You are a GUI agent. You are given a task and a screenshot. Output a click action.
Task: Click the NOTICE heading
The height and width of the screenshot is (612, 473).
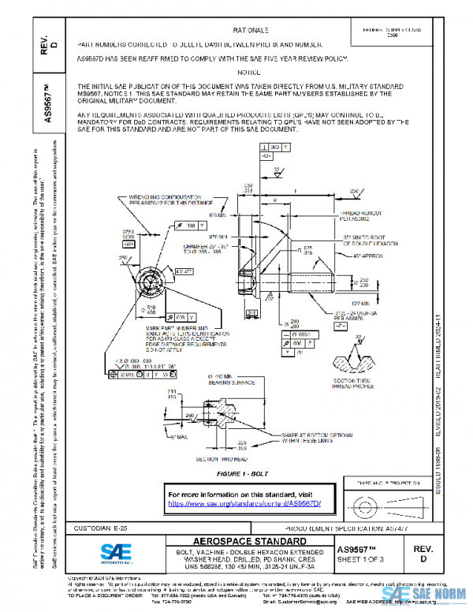pos(247,72)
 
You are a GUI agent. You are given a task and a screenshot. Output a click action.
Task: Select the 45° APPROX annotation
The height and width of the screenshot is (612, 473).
pos(366,255)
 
